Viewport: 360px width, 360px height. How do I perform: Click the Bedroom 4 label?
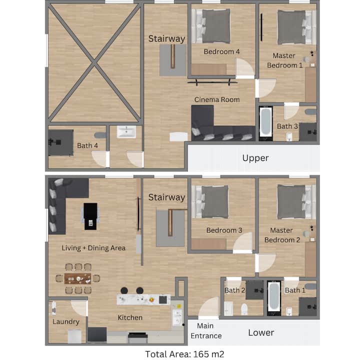coord(221,51)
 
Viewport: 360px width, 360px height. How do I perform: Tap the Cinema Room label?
coord(217,99)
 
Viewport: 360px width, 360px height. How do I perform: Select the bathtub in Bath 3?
coord(266,123)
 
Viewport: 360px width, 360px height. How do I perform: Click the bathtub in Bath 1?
coord(274,298)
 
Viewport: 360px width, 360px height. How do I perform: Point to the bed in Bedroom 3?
coord(210,202)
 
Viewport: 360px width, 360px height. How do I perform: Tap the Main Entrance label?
coord(206,331)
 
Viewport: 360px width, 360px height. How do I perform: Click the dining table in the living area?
coord(77,278)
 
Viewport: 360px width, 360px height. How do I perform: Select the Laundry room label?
coord(66,321)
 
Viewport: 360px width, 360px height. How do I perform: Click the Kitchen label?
coord(130,317)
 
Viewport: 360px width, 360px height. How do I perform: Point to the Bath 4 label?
coord(87,145)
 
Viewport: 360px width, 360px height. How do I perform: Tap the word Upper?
coord(255,158)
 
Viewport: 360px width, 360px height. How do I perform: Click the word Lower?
coord(261,332)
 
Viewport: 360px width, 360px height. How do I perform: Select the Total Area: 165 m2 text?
coord(184,354)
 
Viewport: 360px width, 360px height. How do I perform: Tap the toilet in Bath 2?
coord(244,309)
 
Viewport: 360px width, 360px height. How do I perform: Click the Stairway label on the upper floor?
coord(166,39)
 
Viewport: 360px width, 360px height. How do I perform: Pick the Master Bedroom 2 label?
coord(282,235)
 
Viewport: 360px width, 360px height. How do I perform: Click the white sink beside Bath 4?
coord(126,132)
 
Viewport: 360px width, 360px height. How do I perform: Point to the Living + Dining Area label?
coord(93,248)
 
